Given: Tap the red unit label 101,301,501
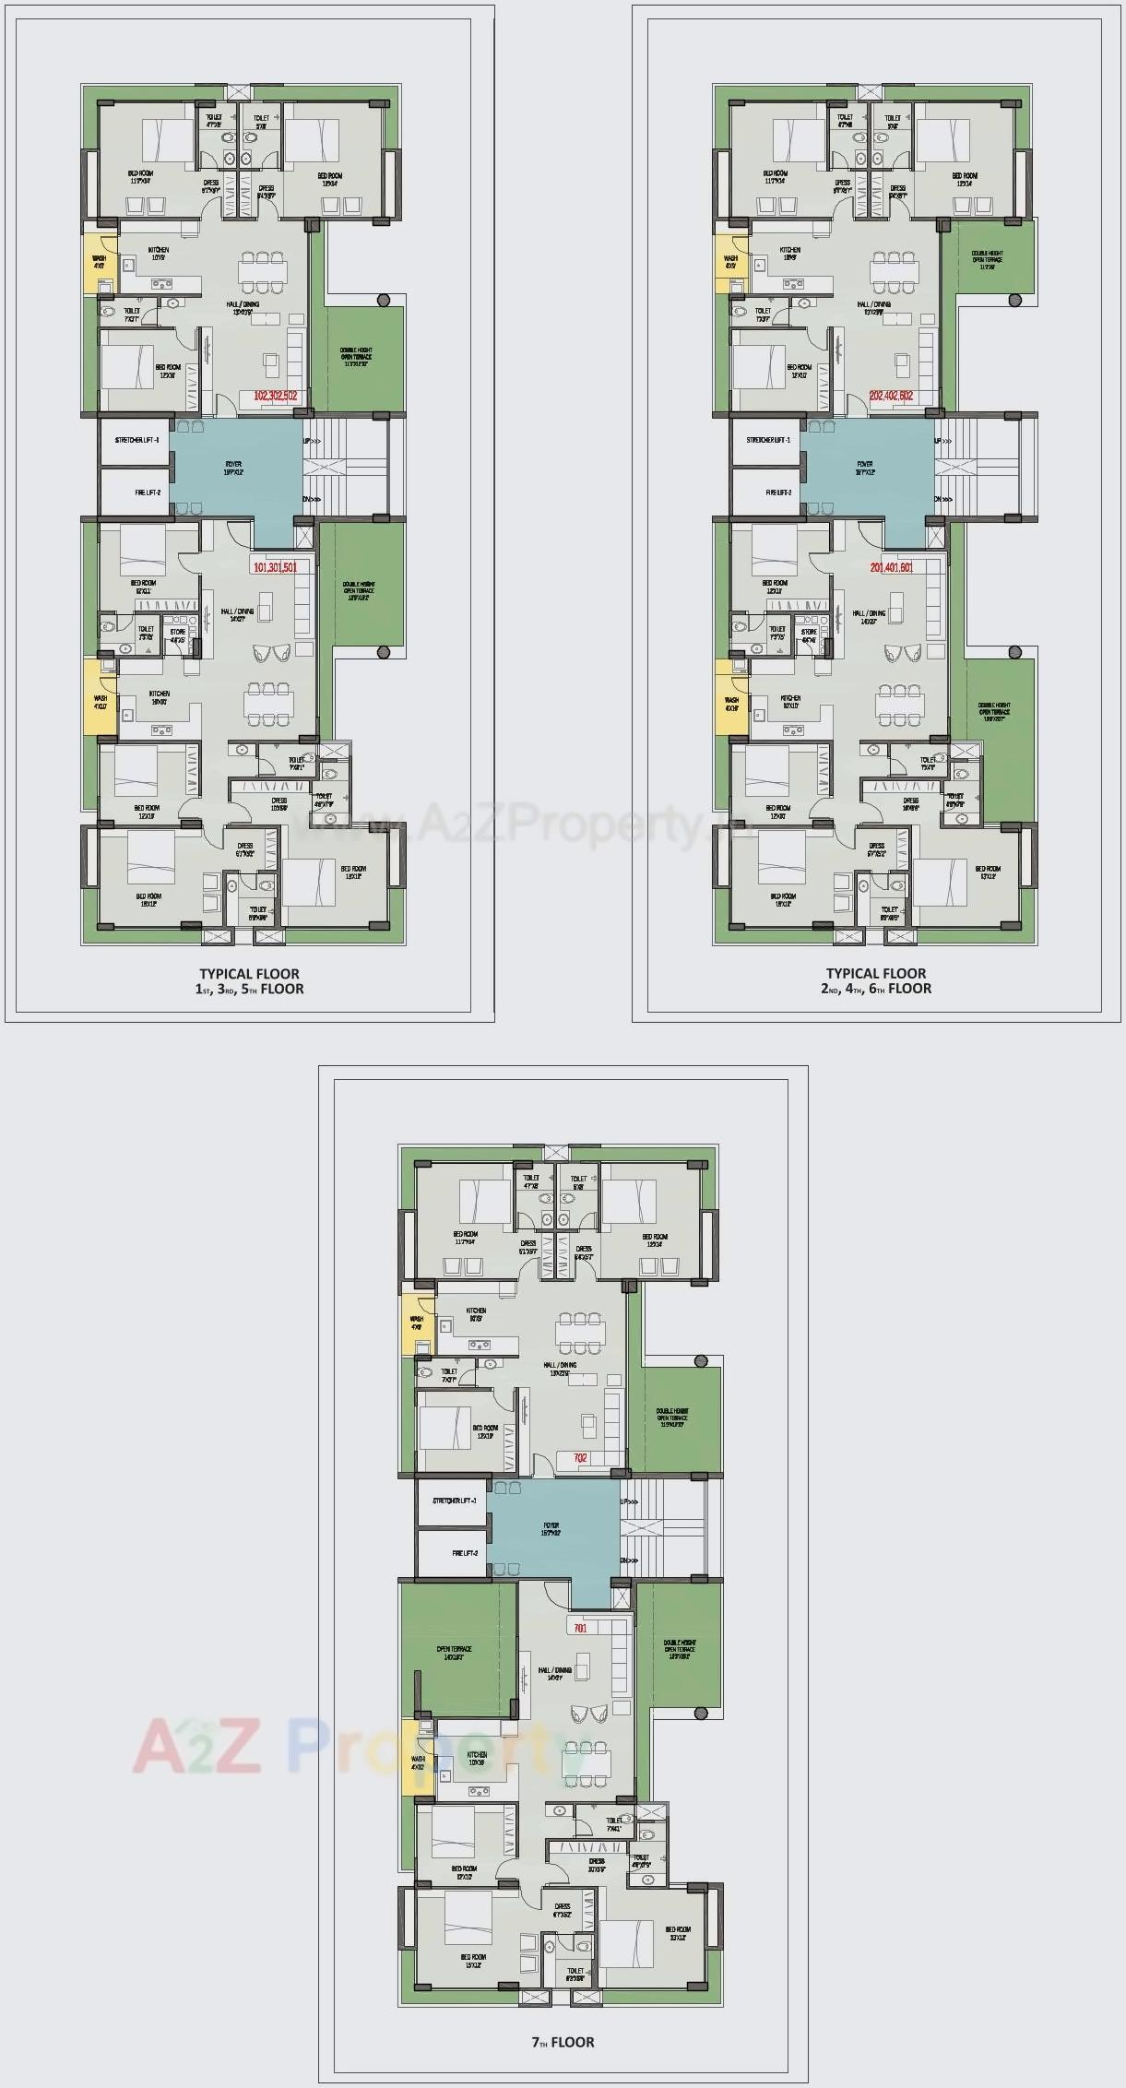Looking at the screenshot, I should tap(275, 567).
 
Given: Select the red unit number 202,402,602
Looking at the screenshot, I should tap(891, 396).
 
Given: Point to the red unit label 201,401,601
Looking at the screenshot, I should tap(891, 567).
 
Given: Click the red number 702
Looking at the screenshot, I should tap(580, 1458).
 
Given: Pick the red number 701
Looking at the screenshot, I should tap(580, 1628).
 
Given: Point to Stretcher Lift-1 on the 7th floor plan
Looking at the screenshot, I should tap(454, 1501).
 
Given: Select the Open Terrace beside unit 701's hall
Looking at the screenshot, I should tap(455, 1652).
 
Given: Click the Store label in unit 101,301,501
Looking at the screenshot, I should tap(177, 632).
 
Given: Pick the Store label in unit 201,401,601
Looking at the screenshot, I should tap(809, 632).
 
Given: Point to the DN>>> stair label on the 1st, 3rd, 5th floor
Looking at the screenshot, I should tap(313, 500).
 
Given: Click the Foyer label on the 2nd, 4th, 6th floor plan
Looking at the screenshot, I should tap(864, 467).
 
